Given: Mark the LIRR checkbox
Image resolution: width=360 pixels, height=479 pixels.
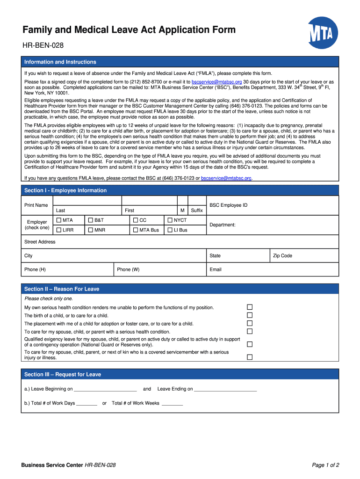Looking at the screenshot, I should pos(58,230).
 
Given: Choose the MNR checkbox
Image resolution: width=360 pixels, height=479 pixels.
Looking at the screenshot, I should pos(90,230).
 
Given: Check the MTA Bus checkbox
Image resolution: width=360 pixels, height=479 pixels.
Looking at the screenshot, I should pos(136,230).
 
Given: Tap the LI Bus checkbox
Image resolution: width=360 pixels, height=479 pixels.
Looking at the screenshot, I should pos(170,230).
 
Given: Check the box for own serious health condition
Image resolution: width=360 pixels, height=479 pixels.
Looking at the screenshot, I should pos(250,307).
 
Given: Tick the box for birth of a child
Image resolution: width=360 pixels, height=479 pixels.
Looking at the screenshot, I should pos(250,315).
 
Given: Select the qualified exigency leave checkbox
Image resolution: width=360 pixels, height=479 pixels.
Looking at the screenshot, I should pos(250,344).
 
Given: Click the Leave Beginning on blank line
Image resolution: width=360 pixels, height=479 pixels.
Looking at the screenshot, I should pos(105,389).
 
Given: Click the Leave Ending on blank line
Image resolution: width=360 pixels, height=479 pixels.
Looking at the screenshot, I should pos(225,389).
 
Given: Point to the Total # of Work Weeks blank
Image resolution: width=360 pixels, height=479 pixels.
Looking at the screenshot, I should pos(172,403).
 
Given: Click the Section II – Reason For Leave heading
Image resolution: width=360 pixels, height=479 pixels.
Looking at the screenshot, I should pos(62,289).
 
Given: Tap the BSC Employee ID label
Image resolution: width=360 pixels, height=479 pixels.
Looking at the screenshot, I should pos(228,205).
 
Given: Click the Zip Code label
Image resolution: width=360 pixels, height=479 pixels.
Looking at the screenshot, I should pos(282,256).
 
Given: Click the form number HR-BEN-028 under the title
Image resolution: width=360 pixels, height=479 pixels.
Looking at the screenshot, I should pos(43,45).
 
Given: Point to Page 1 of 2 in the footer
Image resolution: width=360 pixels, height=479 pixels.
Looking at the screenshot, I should pos(325,465).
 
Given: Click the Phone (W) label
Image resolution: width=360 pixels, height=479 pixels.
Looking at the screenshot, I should pos(128,269).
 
